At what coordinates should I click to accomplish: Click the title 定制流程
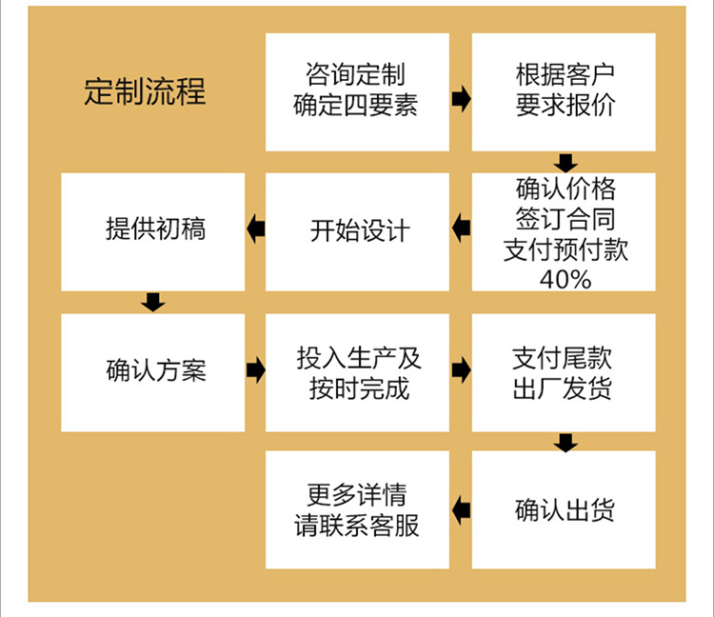[145, 91]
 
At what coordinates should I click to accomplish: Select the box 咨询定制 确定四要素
[357, 91]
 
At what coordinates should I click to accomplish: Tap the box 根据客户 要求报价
[564, 91]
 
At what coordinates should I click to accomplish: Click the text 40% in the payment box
[565, 278]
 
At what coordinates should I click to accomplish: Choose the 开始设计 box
[357, 231]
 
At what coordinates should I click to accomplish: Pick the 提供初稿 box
[153, 230]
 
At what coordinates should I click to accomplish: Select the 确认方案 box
[153, 371]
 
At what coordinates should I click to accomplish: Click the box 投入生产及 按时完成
[357, 372]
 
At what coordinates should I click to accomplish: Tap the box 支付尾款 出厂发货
[564, 372]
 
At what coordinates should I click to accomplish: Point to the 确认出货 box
[564, 509]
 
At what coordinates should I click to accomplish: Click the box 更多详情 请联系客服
[357, 509]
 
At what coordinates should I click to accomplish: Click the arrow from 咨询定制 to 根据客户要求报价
[461, 99]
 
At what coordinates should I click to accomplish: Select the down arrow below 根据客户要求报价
[566, 163]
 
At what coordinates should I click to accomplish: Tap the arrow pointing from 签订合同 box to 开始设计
[461, 229]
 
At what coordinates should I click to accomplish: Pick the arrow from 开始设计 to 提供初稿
[255, 229]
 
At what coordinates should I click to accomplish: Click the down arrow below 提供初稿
[152, 303]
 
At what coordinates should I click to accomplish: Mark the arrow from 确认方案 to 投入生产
[255, 369]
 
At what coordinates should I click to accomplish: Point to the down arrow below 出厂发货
[566, 442]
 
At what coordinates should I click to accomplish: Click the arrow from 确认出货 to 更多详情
[461, 509]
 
